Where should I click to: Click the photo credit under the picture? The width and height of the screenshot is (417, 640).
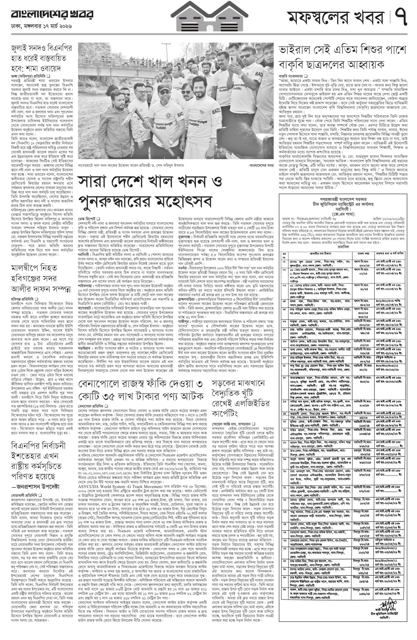pyautogui.click(x=261, y=166)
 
